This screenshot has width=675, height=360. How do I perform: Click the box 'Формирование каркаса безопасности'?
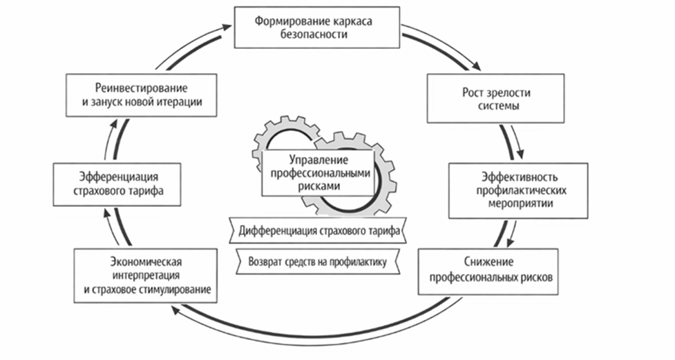click(317, 28)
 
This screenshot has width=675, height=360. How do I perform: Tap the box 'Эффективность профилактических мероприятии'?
click(518, 190)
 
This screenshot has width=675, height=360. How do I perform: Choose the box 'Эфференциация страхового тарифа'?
click(117, 184)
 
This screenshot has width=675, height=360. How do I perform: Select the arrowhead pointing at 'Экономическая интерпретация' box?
click(174, 310)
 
